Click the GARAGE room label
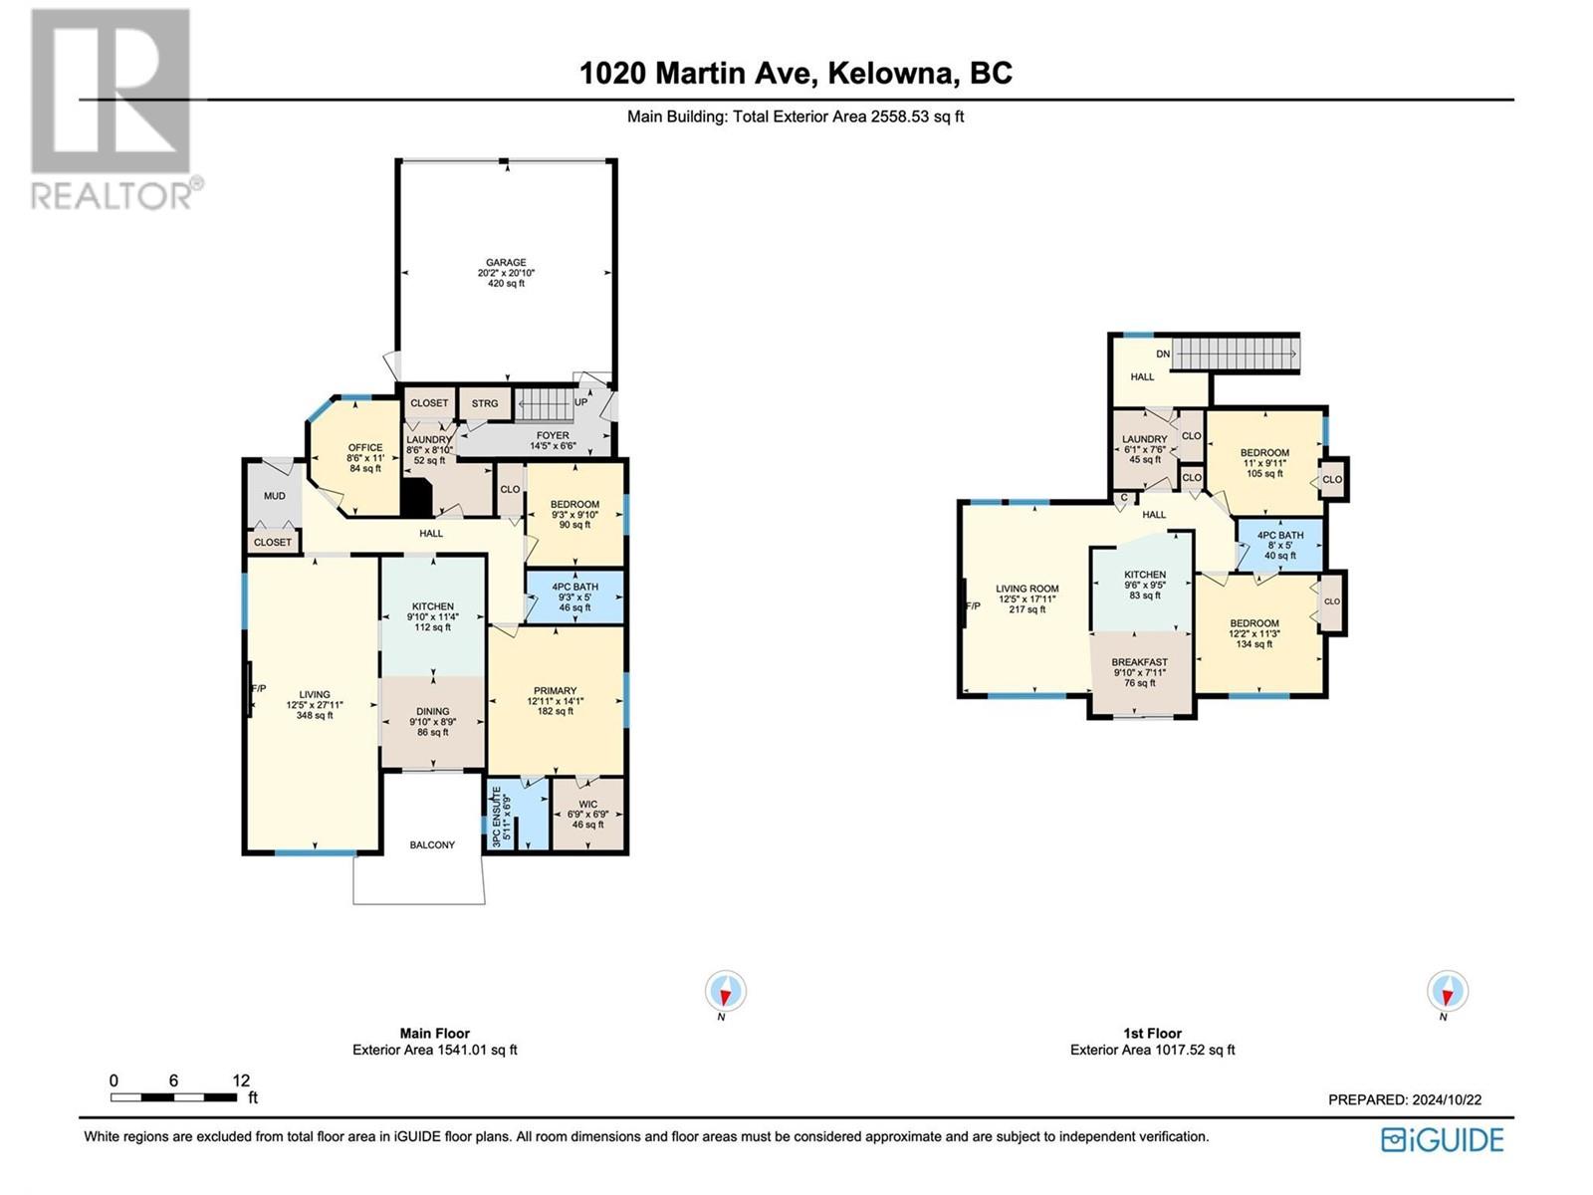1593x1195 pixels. pos(506,264)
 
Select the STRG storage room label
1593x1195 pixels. pos(485,403)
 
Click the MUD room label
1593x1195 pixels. pos(274,496)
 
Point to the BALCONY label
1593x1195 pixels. pos(432,844)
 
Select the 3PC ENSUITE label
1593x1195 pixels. pos(501,817)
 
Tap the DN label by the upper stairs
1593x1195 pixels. pos(1163,354)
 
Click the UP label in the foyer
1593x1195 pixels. pos(581,402)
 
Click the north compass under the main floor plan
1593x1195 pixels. pos(725,992)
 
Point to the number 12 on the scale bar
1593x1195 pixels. pos(241,1080)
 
